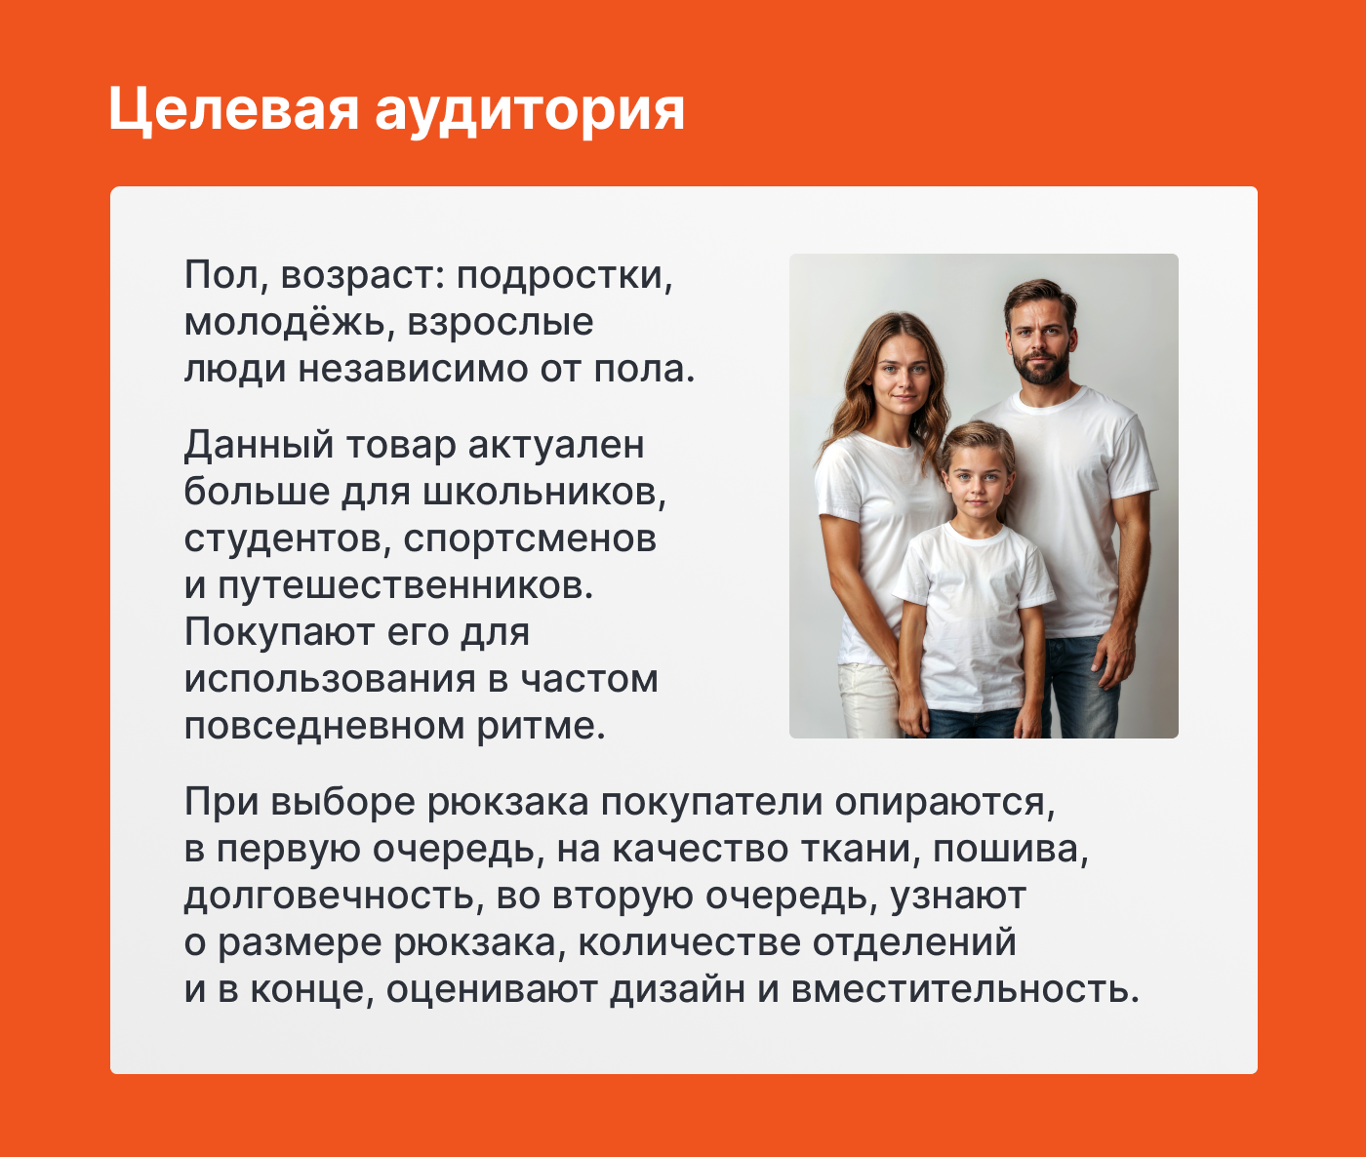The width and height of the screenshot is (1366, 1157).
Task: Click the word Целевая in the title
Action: point(233,109)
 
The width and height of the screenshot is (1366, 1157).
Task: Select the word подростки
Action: point(564,276)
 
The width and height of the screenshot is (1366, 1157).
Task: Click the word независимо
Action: point(413,369)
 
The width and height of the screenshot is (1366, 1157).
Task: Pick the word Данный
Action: point(260,446)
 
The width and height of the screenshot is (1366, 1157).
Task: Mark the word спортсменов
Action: point(530,539)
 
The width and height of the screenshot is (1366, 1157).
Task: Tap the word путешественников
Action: point(405,586)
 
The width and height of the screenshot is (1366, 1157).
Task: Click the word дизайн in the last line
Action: point(677,990)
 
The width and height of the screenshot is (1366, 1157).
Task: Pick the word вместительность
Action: point(966,990)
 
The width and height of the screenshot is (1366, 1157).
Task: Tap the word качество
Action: point(701,850)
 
